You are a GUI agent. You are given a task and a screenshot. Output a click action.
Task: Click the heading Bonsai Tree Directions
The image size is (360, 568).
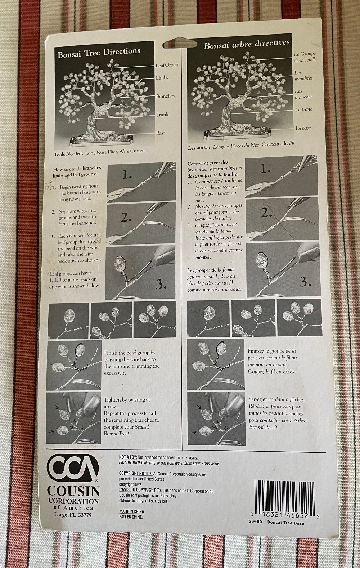coord(99,53)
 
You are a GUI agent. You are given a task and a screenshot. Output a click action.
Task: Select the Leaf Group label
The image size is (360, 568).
coord(167,65)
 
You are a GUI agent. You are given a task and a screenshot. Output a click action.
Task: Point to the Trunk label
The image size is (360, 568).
coord(162,115)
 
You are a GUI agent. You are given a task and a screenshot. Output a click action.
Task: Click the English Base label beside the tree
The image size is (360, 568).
coord(161,133)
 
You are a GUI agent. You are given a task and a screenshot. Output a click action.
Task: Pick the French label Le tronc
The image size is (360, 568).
coord(303,109)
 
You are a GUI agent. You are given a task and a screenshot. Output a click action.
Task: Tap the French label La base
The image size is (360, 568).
coord(303,128)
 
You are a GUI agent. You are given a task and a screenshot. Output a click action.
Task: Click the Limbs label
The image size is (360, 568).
coord(162,77)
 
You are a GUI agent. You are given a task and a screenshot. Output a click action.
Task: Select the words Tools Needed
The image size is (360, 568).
coord(68,154)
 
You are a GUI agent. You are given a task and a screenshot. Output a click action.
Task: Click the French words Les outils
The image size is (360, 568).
coord(199,148)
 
